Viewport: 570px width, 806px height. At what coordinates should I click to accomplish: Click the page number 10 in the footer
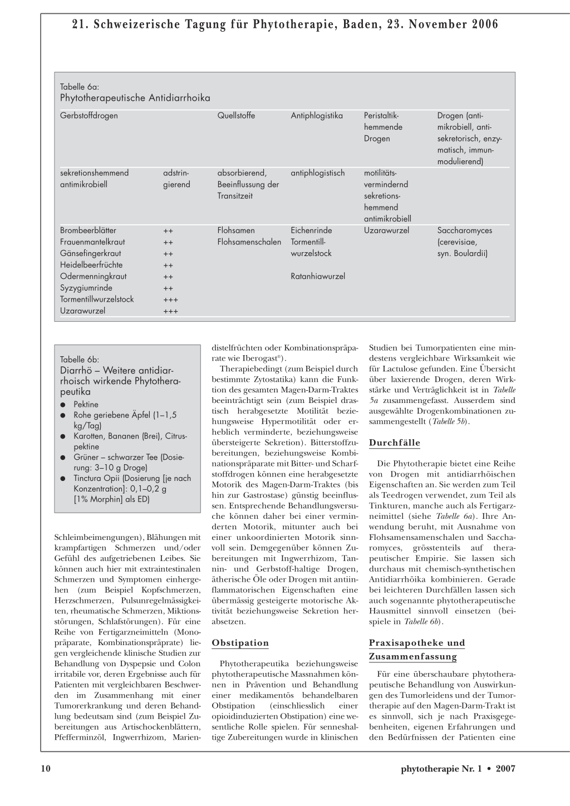tap(46, 769)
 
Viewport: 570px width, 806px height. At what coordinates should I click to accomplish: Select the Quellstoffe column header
tap(236, 116)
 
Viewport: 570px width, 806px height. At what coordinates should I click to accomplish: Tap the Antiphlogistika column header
tap(317, 116)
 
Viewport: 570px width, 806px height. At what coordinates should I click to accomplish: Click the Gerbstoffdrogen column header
tap(89, 116)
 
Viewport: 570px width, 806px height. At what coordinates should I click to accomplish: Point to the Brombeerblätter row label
tap(88, 230)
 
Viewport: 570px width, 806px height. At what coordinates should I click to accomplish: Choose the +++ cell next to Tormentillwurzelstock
tap(171, 299)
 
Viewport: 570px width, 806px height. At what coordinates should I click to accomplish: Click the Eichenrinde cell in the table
tap(311, 230)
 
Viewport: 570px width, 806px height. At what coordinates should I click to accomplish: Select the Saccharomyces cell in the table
tap(465, 230)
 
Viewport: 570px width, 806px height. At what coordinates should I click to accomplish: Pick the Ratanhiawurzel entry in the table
tap(318, 276)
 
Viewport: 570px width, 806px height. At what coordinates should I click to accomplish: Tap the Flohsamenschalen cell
tap(249, 242)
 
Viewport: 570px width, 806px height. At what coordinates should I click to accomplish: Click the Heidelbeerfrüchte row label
tap(91, 265)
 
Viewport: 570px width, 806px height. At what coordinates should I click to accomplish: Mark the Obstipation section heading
tap(240, 643)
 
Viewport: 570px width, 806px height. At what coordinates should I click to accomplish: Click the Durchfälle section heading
tap(395, 443)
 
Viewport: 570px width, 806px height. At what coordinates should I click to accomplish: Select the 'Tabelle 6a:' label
tap(80, 87)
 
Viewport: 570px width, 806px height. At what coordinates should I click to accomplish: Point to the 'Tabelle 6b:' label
tap(80, 360)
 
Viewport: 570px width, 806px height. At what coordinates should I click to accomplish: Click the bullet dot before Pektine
tap(64, 405)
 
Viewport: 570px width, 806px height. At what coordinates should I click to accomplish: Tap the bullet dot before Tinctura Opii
tap(64, 478)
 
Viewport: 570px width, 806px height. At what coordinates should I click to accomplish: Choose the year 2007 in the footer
tap(505, 769)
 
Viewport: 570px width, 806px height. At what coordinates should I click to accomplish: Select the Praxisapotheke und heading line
tap(417, 643)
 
